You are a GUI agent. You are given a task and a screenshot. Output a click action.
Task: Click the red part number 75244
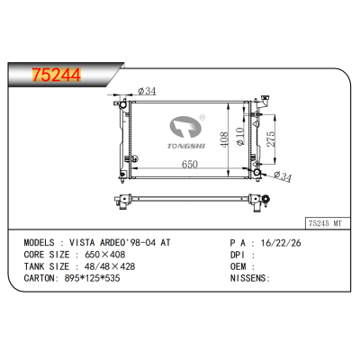57,75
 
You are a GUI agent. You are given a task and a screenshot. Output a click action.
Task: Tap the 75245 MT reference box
328,223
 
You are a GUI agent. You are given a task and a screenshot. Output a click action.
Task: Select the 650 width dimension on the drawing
190,164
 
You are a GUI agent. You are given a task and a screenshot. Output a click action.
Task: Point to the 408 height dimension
224,139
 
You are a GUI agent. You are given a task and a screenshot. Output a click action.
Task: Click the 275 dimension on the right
271,139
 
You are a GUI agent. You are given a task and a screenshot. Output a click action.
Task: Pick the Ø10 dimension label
240,137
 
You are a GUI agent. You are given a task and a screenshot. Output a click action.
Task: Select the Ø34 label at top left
147,91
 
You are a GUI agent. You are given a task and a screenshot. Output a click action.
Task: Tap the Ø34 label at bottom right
283,176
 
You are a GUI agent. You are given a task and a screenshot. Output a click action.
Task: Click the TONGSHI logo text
186,146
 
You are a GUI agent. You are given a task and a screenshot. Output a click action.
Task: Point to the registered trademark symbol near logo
202,117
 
